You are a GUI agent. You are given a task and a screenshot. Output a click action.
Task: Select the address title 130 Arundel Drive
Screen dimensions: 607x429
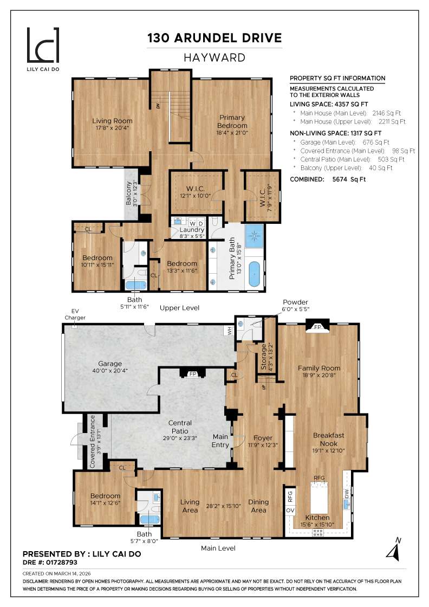pyautogui.click(x=215, y=37)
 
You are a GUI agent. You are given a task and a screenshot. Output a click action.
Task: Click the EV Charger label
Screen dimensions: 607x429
pyautogui.click(x=71, y=314)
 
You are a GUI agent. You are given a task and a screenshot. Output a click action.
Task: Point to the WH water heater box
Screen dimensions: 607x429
pyautogui.click(x=230, y=332)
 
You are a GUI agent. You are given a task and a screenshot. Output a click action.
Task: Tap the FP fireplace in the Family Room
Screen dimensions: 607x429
pyautogui.click(x=317, y=327)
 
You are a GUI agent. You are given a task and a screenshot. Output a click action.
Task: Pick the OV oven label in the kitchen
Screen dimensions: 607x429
pyautogui.click(x=290, y=511)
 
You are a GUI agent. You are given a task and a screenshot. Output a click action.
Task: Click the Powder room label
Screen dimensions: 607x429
pyautogui.click(x=295, y=302)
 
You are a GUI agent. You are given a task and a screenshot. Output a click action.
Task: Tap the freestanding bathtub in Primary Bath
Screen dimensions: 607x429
pyautogui.click(x=255, y=273)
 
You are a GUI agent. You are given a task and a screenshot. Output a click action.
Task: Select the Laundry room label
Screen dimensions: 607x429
pyautogui.click(x=192, y=230)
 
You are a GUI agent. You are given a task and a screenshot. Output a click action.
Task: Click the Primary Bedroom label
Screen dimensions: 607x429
pyautogui.click(x=232, y=121)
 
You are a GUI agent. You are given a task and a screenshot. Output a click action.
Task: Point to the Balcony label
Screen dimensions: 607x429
pyautogui.click(x=129, y=193)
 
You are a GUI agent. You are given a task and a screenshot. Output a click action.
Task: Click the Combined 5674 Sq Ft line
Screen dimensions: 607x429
pyautogui.click(x=328, y=179)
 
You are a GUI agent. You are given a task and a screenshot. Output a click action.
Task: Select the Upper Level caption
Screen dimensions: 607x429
pyautogui.click(x=179, y=308)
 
